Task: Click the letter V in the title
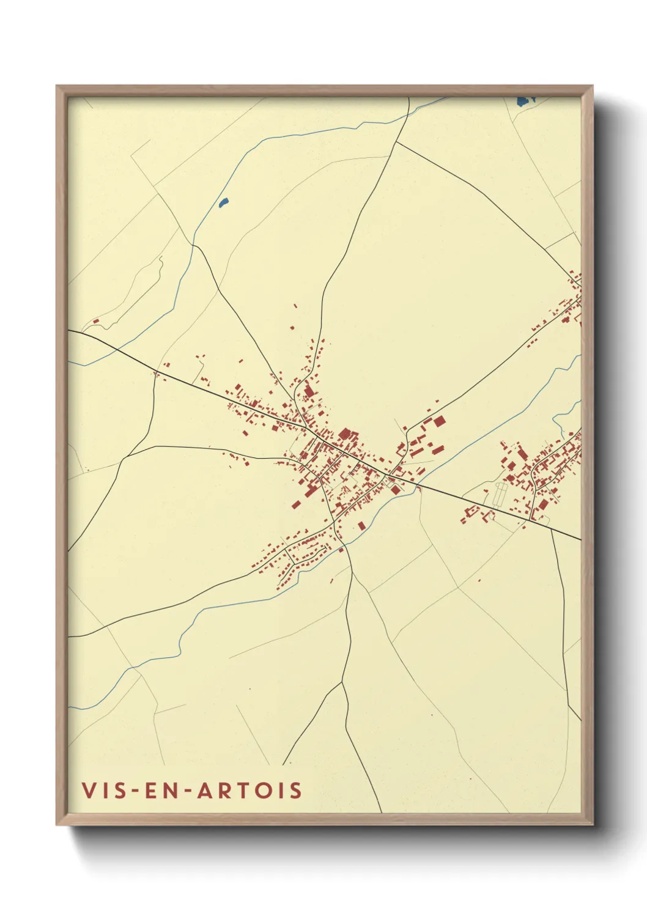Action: pos(89,790)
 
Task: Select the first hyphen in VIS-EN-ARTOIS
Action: pos(135,791)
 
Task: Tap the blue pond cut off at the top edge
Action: pos(525,100)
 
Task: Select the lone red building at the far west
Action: pos(95,320)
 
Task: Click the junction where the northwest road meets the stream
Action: pos(194,245)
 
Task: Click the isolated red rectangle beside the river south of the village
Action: pos(361,525)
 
